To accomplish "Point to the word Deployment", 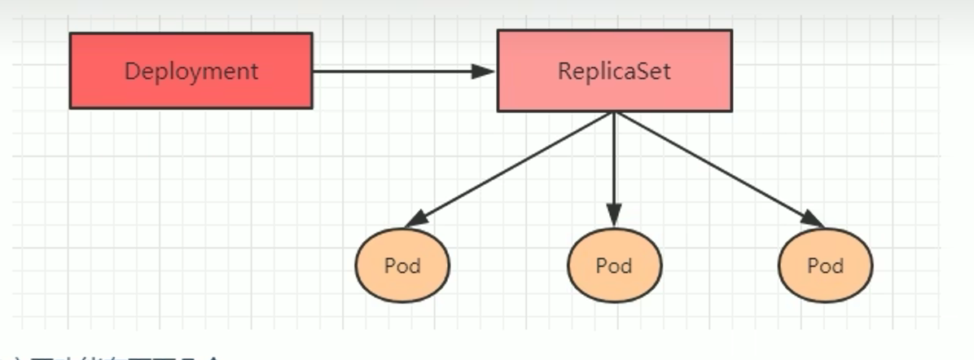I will click(x=191, y=71).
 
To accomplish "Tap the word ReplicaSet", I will click(x=614, y=71).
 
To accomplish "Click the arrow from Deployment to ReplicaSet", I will click(x=391, y=71).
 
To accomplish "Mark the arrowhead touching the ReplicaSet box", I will click(x=486, y=71).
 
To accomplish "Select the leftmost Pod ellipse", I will click(x=401, y=266).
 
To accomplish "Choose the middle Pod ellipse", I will click(x=614, y=266).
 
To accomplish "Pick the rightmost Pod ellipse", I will click(x=825, y=266).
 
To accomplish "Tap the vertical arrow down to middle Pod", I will click(x=614, y=163).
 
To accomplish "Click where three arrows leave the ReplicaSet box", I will click(x=614, y=113).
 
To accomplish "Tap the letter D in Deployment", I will click(x=131, y=71).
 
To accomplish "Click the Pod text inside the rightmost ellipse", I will click(x=825, y=266).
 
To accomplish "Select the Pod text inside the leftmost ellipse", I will click(x=401, y=266).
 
